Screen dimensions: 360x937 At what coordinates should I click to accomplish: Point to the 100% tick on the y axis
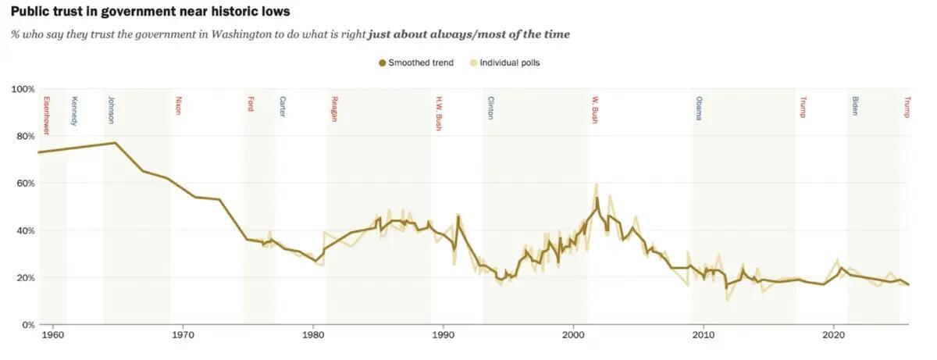pos(22,89)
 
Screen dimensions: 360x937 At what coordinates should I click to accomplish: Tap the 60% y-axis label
pos(24,183)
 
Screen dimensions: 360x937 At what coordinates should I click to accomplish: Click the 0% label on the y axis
pos(27,324)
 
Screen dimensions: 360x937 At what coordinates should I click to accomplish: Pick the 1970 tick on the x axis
pos(183,336)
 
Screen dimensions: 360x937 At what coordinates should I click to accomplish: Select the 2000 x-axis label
pos(573,336)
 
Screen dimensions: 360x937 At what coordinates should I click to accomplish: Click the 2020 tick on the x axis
pos(833,336)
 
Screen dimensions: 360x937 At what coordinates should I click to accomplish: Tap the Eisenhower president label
pos(46,116)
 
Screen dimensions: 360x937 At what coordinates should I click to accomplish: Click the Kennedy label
pos(74,110)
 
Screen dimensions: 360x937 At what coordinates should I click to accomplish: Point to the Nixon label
pos(178,105)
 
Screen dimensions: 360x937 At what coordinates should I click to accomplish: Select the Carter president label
pos(283,106)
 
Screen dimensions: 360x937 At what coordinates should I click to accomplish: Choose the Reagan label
pos(334,109)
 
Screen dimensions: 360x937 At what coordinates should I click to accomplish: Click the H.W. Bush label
pos(439,112)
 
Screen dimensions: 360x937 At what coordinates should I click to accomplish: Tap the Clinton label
pos(490,108)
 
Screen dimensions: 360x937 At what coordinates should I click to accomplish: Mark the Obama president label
pos(699,108)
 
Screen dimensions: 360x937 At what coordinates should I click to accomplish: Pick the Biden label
pos(855,105)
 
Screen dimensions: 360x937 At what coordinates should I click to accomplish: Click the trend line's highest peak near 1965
pos(116,143)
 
